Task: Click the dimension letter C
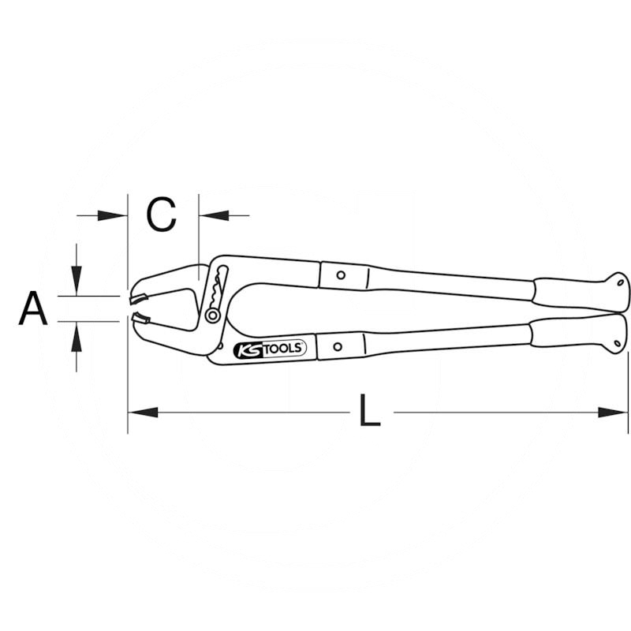[x=161, y=215]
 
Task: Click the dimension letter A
[x=33, y=308]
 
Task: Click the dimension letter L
[x=369, y=410]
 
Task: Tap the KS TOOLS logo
[x=270, y=349]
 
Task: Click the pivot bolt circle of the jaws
[x=212, y=315]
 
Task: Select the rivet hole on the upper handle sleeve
[x=341, y=275]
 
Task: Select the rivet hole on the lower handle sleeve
[x=338, y=346]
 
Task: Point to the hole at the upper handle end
[x=621, y=282]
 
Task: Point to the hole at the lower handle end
[x=618, y=343]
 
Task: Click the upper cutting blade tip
[x=130, y=301]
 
